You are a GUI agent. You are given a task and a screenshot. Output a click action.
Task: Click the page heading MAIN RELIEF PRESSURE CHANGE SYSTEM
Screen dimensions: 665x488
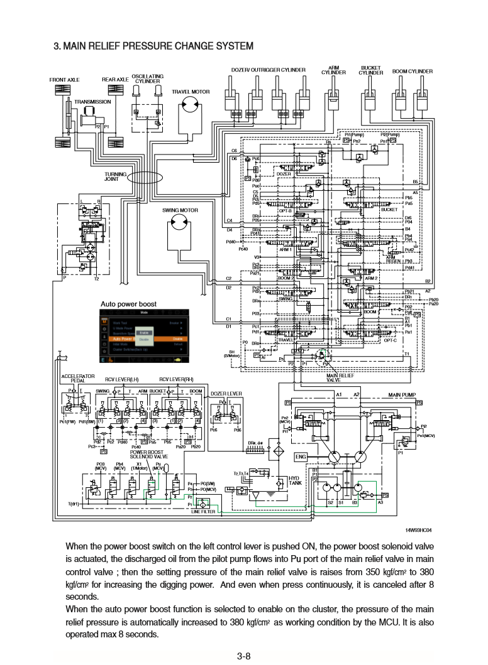point(153,46)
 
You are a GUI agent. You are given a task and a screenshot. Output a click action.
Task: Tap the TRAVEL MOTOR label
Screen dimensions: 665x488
point(191,92)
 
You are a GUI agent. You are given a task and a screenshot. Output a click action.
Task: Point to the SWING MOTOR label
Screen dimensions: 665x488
point(180,210)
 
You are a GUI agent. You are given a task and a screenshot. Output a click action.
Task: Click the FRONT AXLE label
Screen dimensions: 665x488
point(65,80)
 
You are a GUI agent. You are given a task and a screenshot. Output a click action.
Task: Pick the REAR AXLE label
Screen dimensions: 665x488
point(115,80)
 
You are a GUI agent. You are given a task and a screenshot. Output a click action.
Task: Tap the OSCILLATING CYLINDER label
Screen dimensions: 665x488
point(147,78)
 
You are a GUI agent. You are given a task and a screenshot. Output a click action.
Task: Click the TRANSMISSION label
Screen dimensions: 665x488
point(92,102)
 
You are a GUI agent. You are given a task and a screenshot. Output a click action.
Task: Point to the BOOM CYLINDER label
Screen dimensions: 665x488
point(413,72)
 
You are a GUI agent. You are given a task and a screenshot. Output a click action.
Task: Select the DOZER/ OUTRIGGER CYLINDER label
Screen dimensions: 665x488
point(269,70)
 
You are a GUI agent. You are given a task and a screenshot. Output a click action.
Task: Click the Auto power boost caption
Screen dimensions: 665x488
point(128,304)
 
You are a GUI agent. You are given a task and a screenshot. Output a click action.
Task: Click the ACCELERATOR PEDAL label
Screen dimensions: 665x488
point(77,378)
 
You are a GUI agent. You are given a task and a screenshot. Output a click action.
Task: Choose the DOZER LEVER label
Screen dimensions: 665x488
point(226,394)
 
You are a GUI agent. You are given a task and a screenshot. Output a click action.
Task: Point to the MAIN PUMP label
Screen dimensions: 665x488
point(402,394)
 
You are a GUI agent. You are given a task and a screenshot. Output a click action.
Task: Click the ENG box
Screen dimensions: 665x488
point(301,457)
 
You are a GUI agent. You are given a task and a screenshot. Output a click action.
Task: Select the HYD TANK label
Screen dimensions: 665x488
point(294,480)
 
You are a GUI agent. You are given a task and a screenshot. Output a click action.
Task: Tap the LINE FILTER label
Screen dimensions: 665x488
point(203,512)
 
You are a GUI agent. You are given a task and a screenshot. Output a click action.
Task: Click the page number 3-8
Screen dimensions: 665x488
point(244,656)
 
